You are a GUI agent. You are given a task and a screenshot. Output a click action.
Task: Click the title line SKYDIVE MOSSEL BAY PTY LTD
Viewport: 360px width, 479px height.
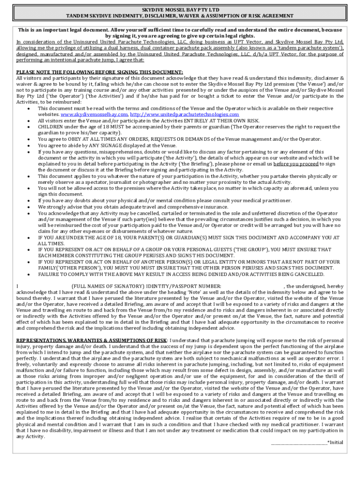[180, 9]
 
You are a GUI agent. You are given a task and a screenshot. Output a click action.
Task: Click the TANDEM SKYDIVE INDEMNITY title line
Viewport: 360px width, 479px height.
[180, 15]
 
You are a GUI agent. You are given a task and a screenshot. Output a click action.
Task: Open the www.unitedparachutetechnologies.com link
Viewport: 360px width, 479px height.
[184, 115]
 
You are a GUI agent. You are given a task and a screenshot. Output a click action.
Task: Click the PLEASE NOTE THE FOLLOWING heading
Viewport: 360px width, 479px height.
[100, 72]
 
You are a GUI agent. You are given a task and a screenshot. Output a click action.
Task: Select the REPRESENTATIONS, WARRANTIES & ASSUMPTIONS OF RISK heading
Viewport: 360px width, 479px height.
[92, 340]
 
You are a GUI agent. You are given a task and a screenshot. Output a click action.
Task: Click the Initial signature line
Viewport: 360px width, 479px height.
[299, 442]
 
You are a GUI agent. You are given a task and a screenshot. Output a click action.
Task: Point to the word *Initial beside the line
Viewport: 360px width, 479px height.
[336, 442]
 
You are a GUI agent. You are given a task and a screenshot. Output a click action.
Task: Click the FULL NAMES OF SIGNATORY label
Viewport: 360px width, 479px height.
[107, 285]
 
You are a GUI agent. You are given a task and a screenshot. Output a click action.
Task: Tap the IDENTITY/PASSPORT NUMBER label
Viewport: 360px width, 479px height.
[182, 285]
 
